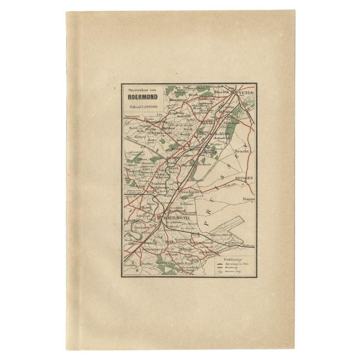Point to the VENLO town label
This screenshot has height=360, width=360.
(x=244, y=93)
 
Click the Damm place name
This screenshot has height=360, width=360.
(x=248, y=199)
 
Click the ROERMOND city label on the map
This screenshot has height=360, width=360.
(x=178, y=218)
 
